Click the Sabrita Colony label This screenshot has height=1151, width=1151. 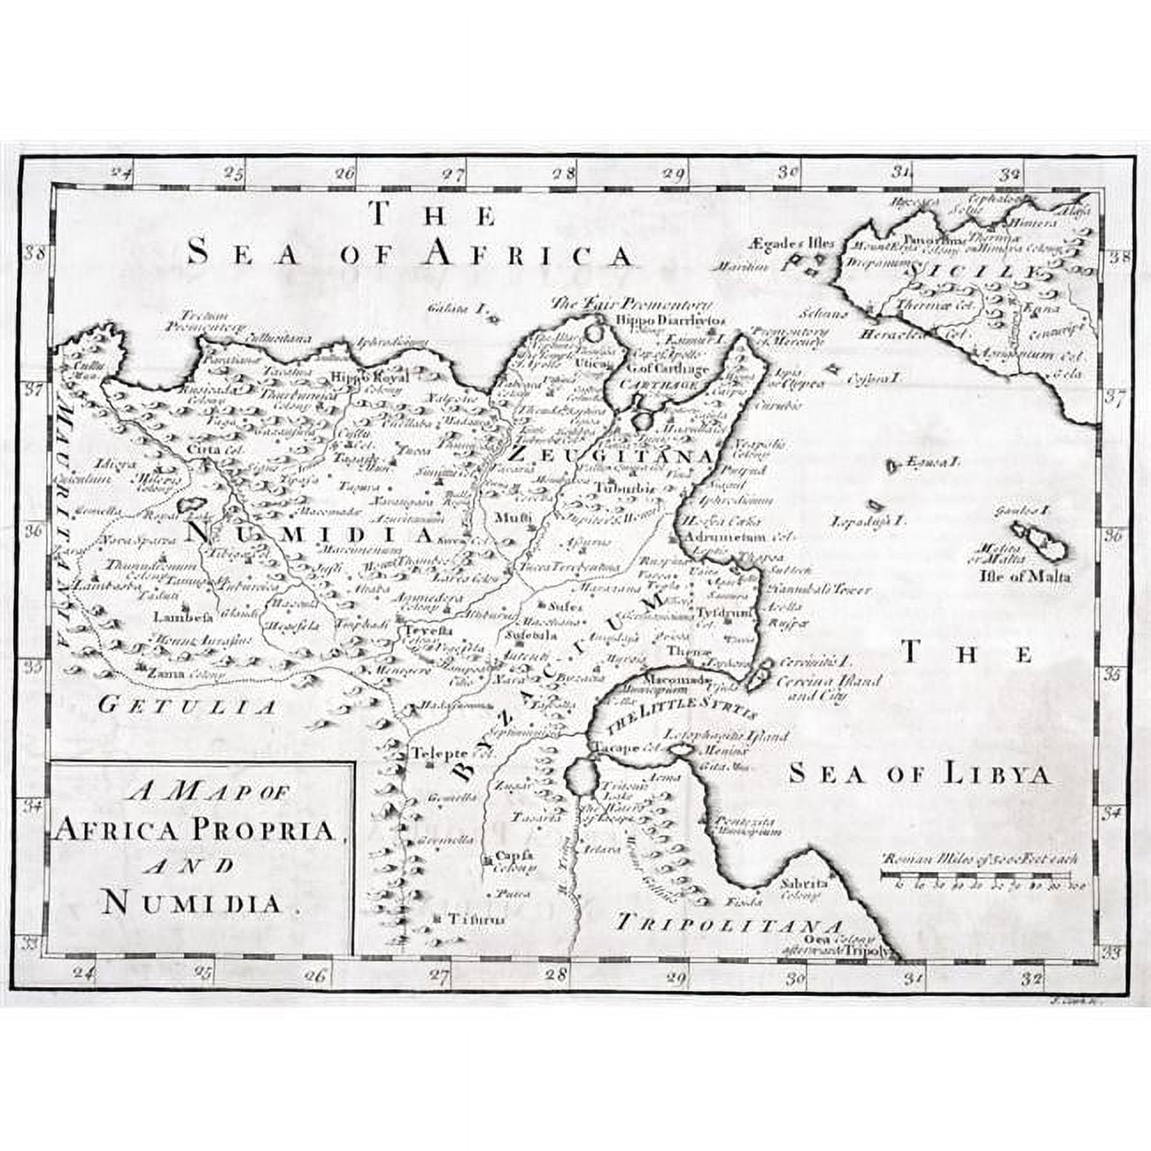point(804,887)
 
